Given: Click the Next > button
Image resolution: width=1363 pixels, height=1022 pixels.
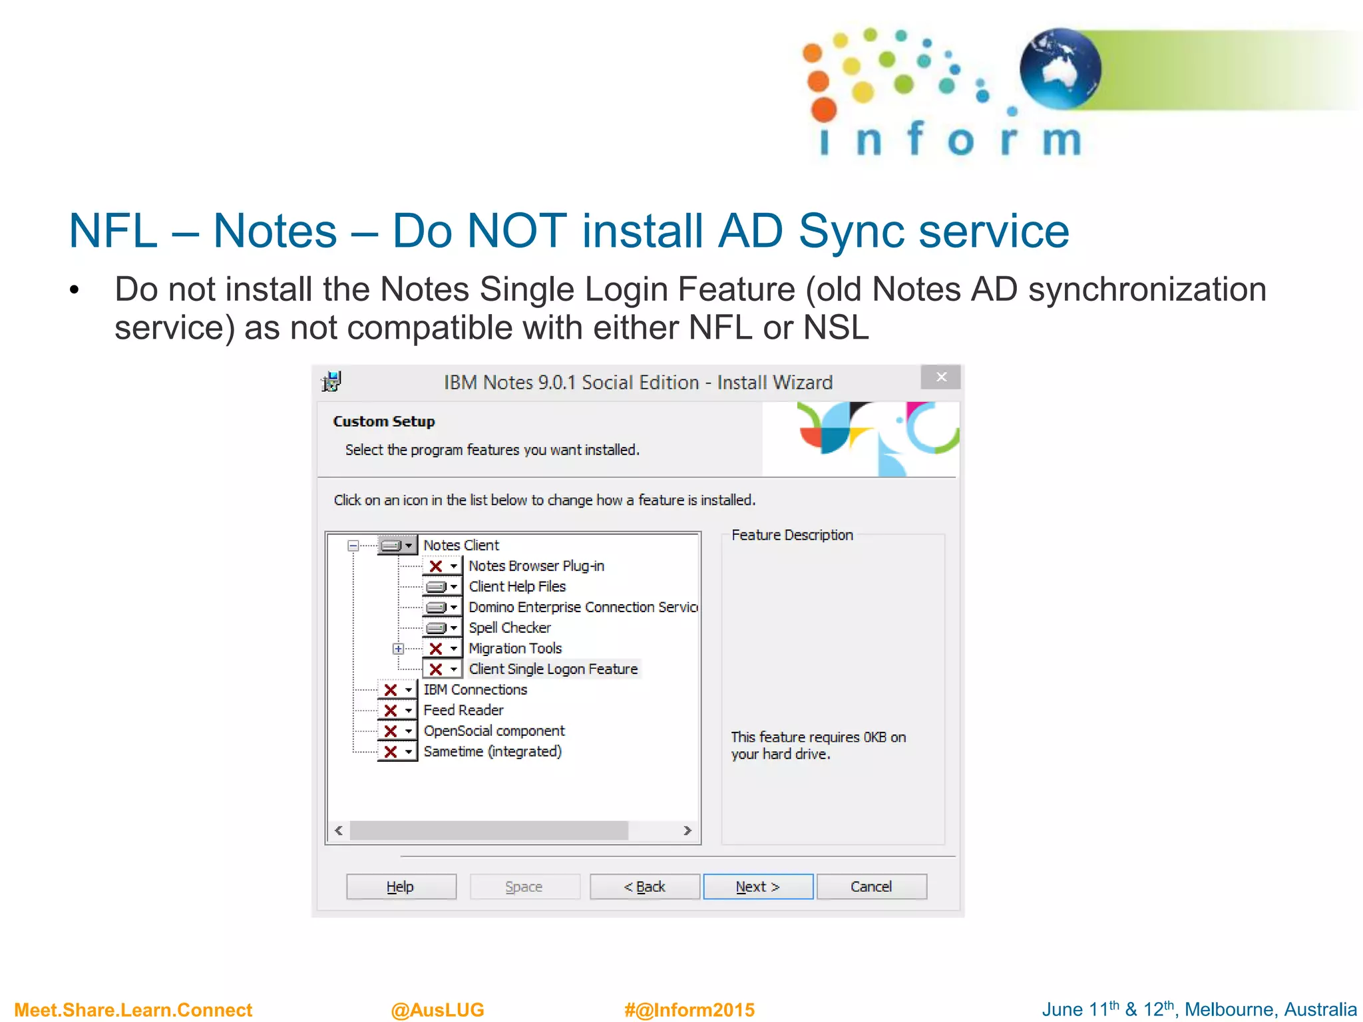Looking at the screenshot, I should coord(757,886).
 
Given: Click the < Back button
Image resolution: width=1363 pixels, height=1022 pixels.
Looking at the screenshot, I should coord(644,886).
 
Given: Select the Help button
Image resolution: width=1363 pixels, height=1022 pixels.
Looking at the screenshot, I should coord(401,886).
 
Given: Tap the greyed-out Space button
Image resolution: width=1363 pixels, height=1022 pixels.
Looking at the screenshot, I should coord(524,886).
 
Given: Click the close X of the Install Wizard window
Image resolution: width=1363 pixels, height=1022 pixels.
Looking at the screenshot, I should coord(940,377).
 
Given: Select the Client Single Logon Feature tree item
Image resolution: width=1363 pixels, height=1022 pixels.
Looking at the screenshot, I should coord(552,669).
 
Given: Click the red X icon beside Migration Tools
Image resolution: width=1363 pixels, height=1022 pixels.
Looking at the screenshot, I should coord(436,649).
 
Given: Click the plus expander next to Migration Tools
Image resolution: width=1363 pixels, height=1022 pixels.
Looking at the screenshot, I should coord(398,649).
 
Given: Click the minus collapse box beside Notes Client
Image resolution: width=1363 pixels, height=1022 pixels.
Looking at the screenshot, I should coord(353,546).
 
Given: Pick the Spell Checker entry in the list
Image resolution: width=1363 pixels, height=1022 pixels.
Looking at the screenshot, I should coord(509,627).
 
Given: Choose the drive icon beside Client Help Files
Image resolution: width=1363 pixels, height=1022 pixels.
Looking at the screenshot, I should coord(436,587).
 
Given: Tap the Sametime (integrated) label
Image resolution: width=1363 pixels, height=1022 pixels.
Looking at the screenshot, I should coord(492,751).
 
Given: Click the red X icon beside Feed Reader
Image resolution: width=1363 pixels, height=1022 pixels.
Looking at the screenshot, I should coord(391,711).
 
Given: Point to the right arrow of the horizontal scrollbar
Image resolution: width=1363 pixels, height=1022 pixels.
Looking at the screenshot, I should coord(687,830).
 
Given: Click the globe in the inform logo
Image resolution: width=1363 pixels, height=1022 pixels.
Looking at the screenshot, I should coord(1060,69).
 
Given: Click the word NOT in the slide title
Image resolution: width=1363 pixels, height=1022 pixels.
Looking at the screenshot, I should coord(516,231).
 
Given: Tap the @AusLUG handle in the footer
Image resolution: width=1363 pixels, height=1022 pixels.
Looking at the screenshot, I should coord(437,1009).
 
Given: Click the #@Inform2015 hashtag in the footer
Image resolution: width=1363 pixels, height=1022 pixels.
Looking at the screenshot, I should coord(689,1009).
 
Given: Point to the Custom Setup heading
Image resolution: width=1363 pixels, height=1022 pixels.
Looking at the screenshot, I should coord(383,421).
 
